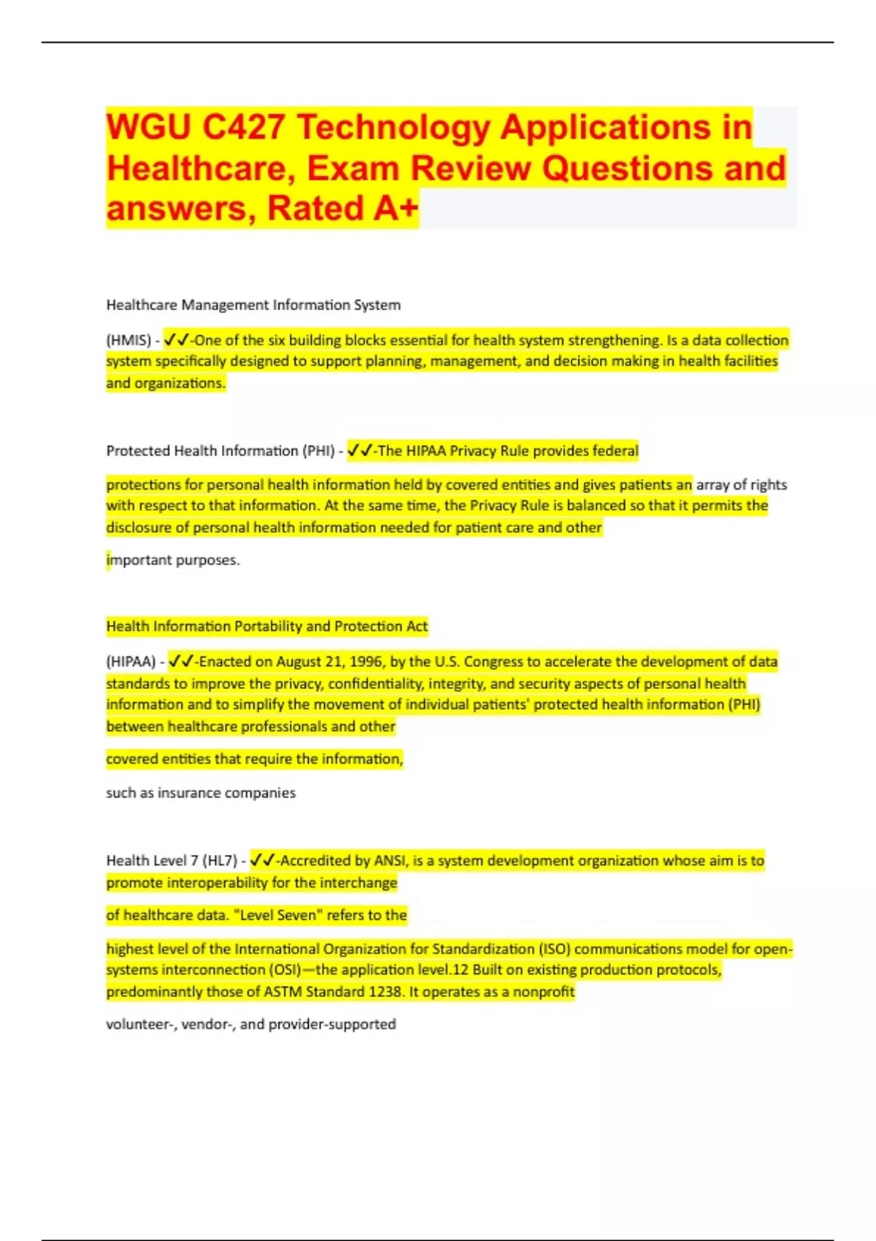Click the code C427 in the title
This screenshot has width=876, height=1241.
pyautogui.click(x=243, y=127)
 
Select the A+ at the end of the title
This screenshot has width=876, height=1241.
pyautogui.click(x=396, y=208)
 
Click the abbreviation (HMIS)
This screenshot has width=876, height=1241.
pyautogui.click(x=128, y=340)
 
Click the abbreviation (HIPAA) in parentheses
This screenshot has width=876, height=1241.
pyautogui.click(x=131, y=662)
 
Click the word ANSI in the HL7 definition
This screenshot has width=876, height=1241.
pyautogui.click(x=391, y=861)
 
